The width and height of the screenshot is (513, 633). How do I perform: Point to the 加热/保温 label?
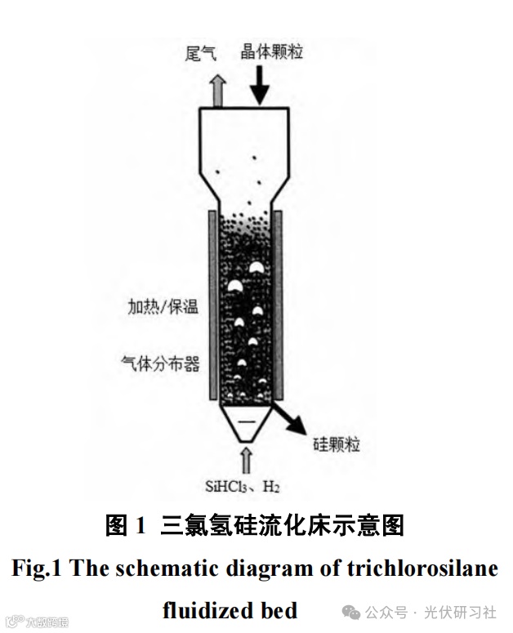click(163, 308)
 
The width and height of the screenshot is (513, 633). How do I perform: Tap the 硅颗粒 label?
click(337, 445)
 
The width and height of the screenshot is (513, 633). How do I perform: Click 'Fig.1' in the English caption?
click(37, 568)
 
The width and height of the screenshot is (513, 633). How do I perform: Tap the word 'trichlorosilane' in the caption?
click(430, 568)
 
